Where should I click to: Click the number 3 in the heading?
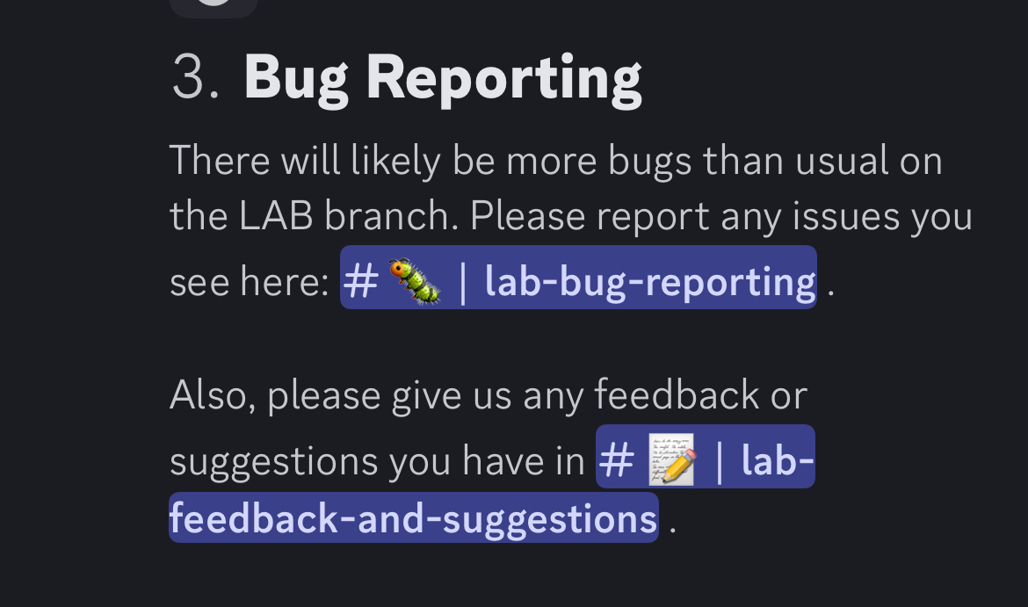(189, 77)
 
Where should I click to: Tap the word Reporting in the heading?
(503, 81)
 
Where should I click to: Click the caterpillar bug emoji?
(415, 281)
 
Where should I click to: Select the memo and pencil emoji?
(672, 459)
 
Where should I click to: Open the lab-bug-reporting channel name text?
(649, 283)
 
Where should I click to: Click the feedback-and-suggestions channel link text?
(413, 518)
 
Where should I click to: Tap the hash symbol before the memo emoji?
(616, 460)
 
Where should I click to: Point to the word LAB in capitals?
(276, 216)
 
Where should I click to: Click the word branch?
(391, 215)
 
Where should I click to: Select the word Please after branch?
(527, 215)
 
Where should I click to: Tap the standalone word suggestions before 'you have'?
(274, 461)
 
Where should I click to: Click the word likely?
(395, 162)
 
